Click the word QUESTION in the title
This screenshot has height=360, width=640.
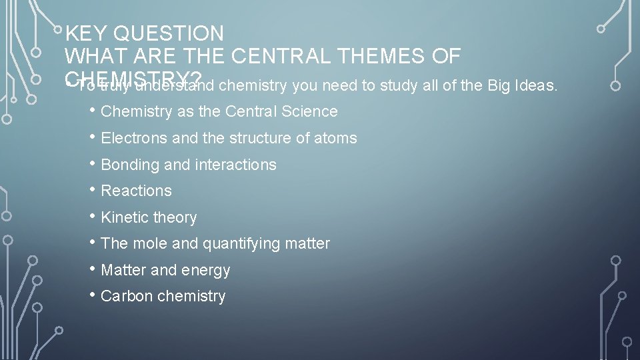[x=169, y=33]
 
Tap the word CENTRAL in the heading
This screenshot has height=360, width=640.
[x=271, y=57]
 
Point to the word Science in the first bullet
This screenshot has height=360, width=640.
[x=310, y=111]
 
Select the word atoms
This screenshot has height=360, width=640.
[x=337, y=138]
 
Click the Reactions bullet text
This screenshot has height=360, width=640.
[x=136, y=191]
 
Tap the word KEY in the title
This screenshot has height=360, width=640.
[x=87, y=33]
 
